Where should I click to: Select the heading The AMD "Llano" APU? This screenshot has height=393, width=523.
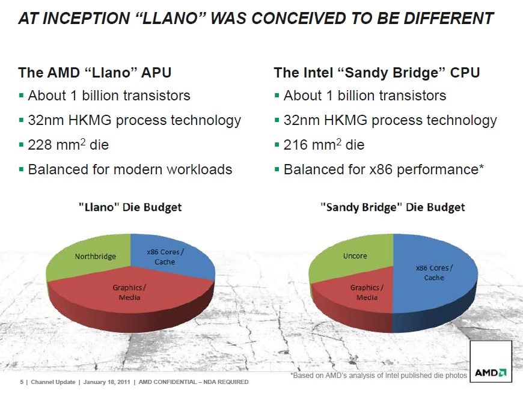pyautogui.click(x=95, y=73)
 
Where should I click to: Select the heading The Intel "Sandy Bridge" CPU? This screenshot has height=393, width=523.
pyautogui.click(x=376, y=73)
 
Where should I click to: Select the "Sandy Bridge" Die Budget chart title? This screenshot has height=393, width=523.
pyautogui.click(x=393, y=207)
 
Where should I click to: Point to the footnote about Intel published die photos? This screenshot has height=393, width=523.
pyautogui.click(x=378, y=376)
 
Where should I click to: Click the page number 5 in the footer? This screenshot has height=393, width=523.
pyautogui.click(x=22, y=382)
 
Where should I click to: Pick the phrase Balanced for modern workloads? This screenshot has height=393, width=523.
pyautogui.click(x=130, y=169)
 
